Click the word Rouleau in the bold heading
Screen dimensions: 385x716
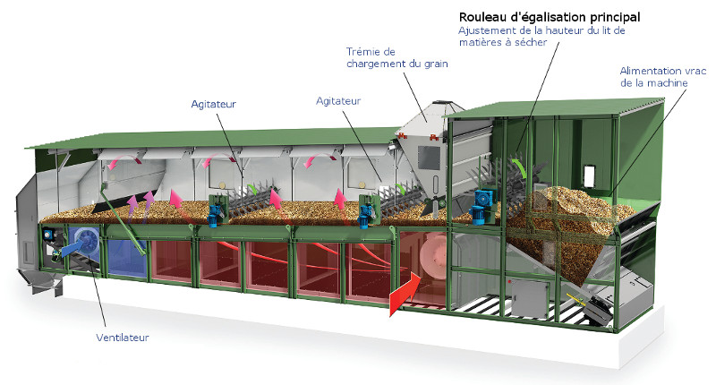pyautogui.click(x=484, y=16)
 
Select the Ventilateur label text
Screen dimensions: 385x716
pyautogui.click(x=122, y=338)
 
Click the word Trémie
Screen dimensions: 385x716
pyautogui.click(x=364, y=50)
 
